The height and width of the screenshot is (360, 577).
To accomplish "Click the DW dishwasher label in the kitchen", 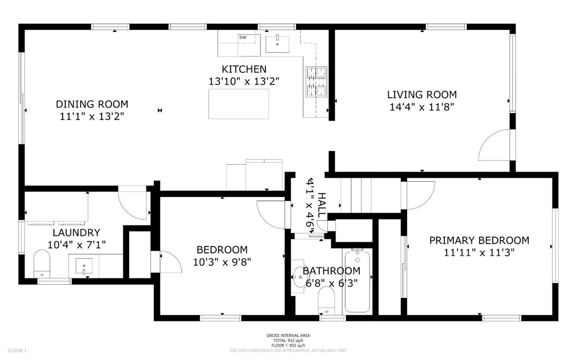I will click(x=243, y=37).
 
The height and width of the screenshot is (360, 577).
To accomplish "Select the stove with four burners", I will click(x=317, y=82).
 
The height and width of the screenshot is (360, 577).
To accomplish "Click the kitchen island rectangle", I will click(x=239, y=103).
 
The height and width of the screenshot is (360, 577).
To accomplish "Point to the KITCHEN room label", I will click(x=244, y=69).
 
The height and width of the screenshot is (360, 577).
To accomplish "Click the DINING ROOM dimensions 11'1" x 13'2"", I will click(x=92, y=116).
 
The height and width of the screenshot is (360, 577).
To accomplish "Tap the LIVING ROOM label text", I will click(x=422, y=94).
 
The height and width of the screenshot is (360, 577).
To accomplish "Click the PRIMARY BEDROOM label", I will click(x=479, y=240).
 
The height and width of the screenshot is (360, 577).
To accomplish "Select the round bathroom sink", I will click(x=300, y=277).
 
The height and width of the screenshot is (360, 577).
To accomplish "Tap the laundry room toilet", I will click(x=42, y=263).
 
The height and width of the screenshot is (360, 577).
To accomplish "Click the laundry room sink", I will click(x=83, y=266).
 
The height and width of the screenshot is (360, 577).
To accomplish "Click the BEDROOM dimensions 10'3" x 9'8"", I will click(x=222, y=261).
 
